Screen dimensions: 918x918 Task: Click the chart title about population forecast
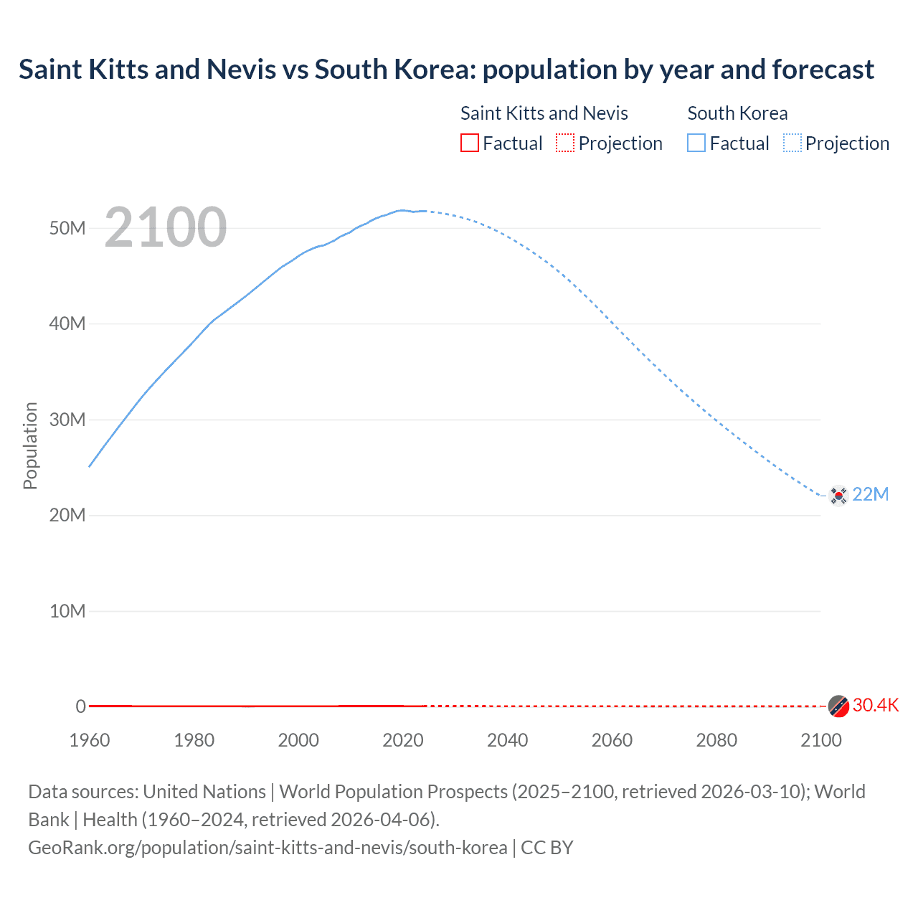tap(446, 70)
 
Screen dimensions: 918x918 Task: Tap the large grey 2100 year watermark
tap(166, 227)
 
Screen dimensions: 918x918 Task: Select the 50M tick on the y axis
tap(67, 228)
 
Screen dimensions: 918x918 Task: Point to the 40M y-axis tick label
tap(67, 323)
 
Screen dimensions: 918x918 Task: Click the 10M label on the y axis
tap(67, 611)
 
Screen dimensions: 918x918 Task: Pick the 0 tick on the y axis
tap(80, 706)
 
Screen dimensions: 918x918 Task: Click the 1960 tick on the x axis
tap(90, 740)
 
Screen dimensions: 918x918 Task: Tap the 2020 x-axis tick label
tap(403, 740)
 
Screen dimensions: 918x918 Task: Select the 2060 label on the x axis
tap(612, 740)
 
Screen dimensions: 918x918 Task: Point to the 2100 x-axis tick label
tap(820, 740)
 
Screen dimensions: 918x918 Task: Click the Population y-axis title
tap(30, 445)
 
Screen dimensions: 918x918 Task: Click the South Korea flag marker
tap(838, 495)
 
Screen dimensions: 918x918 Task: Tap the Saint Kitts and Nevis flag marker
tap(838, 706)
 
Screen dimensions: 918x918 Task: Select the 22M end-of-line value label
tap(870, 494)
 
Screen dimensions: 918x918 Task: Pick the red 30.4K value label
tap(875, 705)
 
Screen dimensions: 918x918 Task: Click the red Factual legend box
tap(470, 143)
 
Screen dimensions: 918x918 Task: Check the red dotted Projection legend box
tap(565, 143)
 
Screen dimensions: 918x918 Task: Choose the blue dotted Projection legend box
tap(792, 143)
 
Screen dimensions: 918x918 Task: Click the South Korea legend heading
tap(737, 113)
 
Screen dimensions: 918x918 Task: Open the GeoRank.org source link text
tap(268, 848)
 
